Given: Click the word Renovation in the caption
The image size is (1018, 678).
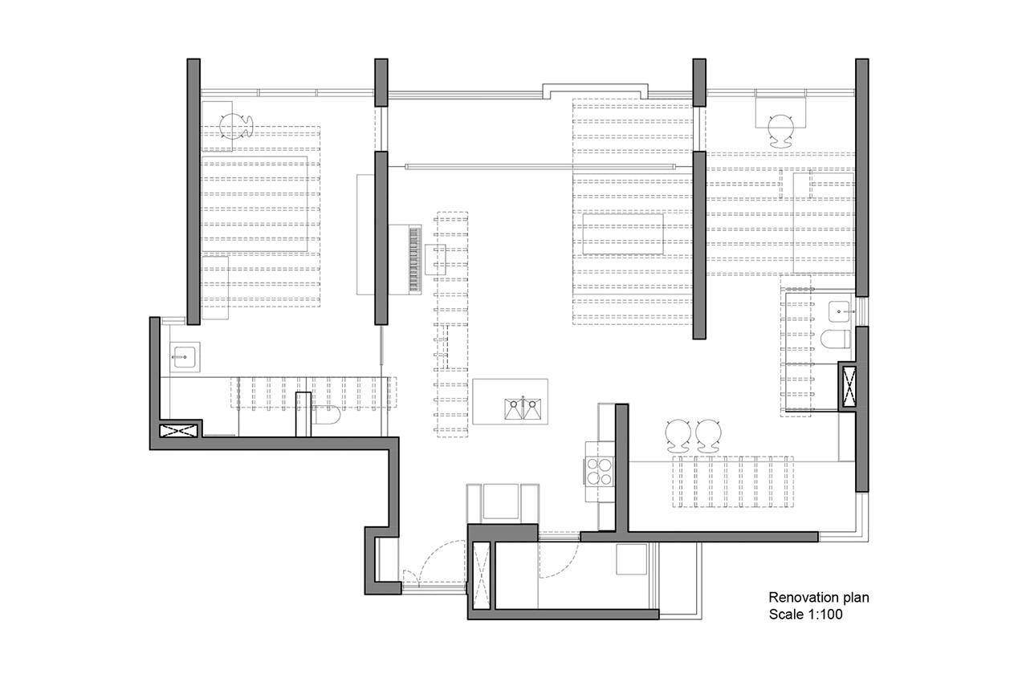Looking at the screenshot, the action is pos(799,598).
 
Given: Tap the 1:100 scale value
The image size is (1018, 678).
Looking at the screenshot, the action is pos(824,615).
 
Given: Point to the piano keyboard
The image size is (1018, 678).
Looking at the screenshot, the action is pos(414,259).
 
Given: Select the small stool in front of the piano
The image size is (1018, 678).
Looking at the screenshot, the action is pos(435,259).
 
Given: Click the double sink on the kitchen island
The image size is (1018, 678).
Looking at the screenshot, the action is pos(523,408).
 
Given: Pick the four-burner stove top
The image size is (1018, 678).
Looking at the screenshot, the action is pos(599,471).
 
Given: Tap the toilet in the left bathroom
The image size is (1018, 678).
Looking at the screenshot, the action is pos(326,415).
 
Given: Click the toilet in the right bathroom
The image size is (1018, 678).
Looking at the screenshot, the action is pos(835,339).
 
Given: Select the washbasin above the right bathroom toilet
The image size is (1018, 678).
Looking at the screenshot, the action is pos(839,311).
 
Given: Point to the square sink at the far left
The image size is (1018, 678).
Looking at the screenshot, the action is pos(185,357).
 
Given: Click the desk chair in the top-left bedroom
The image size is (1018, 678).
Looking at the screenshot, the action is pos(236,126).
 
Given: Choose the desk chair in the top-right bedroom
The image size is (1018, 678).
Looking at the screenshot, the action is pos(781,131).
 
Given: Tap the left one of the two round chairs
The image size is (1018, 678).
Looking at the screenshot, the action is pos(678,436).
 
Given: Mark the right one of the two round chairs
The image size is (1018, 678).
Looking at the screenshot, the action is pos(708,436).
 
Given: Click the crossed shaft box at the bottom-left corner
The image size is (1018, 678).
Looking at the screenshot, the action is pos(179,431).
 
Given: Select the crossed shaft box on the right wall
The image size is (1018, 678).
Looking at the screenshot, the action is pos(849,387).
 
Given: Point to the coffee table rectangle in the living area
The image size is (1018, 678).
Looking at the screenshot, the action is pos(623,234).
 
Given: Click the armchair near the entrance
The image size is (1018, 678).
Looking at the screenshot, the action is pos(503,503).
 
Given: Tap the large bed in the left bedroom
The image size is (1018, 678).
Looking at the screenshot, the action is pos(254,204).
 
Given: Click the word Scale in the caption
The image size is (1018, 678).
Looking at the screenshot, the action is pos(785,615).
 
